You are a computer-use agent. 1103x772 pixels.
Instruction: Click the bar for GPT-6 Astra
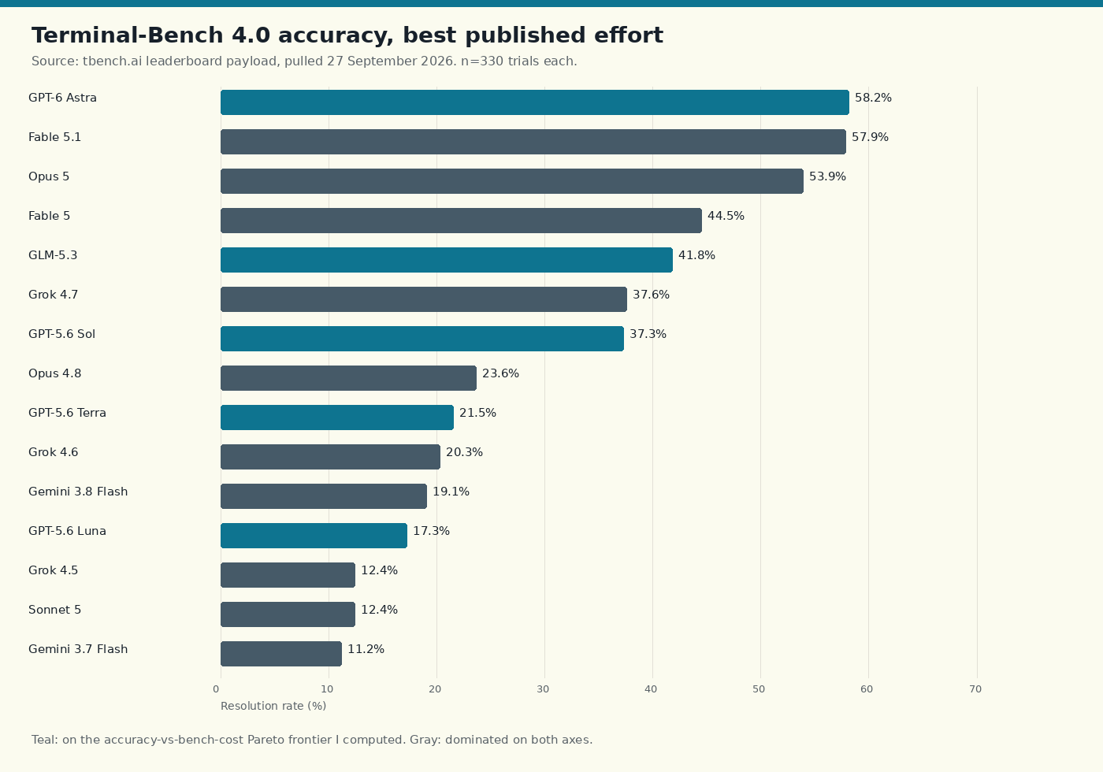point(535,102)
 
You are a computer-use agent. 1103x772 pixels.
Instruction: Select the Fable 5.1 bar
point(533,142)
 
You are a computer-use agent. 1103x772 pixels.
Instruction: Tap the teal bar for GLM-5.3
point(447,260)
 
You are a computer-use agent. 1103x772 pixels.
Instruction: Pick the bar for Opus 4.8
point(348,378)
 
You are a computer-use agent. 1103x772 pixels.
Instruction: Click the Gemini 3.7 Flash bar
point(281,654)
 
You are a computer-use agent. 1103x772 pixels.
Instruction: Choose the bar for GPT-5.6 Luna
point(314,536)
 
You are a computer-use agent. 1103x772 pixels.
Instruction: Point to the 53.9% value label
point(827,176)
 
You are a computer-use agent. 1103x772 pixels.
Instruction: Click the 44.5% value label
point(726,216)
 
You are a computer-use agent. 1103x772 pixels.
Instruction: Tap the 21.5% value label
point(477,413)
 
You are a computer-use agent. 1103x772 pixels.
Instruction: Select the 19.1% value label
point(451,492)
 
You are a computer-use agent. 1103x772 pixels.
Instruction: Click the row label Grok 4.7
point(54,295)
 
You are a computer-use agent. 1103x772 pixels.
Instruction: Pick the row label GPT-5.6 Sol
point(61,334)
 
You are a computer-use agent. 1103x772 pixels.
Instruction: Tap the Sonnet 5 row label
point(54,610)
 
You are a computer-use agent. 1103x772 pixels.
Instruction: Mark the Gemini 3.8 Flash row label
point(78,492)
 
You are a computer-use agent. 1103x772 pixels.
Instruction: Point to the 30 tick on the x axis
point(543,689)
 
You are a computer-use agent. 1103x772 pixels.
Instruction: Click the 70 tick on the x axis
point(975,689)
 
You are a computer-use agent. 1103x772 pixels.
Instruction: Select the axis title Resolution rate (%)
point(273,706)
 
